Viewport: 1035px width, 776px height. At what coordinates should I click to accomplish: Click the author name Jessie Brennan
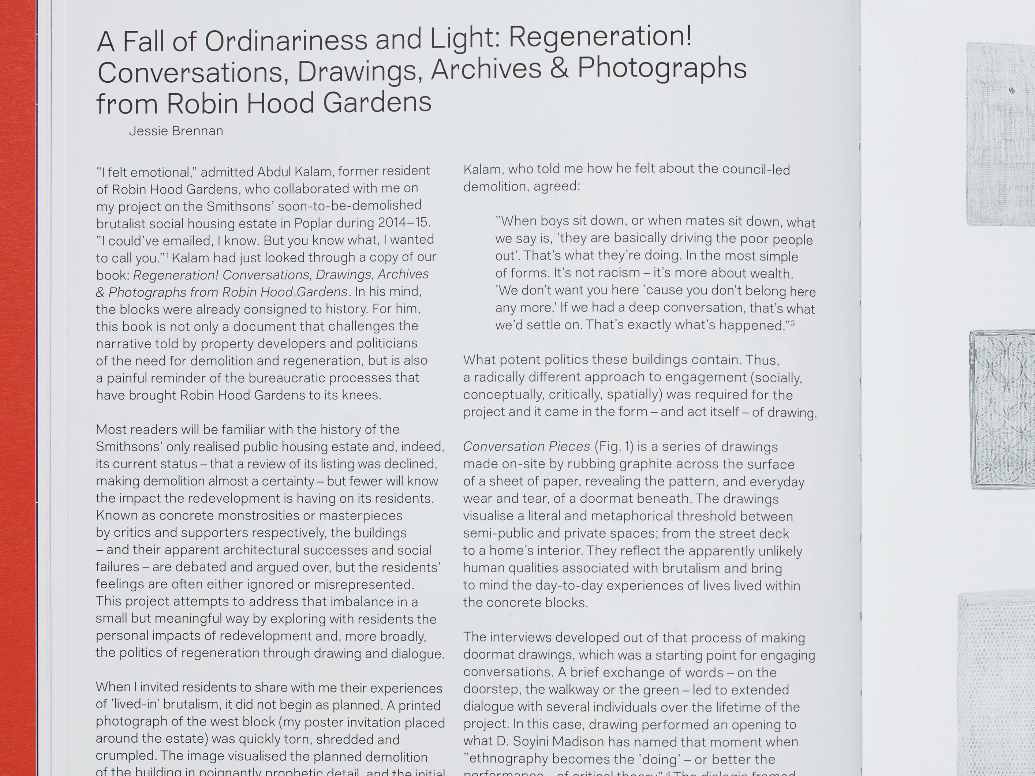[x=176, y=131]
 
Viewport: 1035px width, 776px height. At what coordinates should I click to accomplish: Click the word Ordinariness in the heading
[x=285, y=41]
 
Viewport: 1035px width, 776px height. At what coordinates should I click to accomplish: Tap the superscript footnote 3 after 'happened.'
[x=793, y=323]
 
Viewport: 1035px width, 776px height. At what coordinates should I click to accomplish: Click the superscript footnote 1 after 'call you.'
[x=167, y=255]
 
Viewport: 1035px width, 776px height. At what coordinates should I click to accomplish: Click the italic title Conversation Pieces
[x=526, y=447]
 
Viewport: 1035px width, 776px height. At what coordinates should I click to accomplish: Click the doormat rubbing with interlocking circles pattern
[x=1001, y=409]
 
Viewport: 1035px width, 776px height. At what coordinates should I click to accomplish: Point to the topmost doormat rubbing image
[x=1000, y=133]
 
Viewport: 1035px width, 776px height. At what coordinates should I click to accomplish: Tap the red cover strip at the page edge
[x=18, y=374]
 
